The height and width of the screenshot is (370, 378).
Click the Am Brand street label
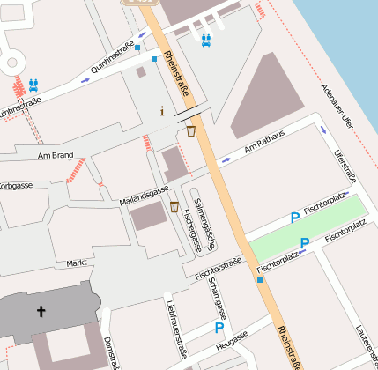coord(55,155)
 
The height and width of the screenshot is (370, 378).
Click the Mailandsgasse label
coord(144,196)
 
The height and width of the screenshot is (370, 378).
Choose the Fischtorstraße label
coord(219,269)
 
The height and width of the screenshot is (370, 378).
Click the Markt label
coord(77,263)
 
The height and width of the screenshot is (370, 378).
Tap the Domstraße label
coord(110,351)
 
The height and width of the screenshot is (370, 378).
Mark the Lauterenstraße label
coord(365,345)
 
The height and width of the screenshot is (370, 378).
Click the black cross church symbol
coord(41,311)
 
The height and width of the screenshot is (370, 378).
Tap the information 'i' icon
coord(162,111)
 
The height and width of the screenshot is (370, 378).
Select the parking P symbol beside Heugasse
coord(219,328)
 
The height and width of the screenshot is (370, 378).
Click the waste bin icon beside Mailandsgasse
coord(174,208)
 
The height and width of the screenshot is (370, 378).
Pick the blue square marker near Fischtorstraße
coord(260,280)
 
